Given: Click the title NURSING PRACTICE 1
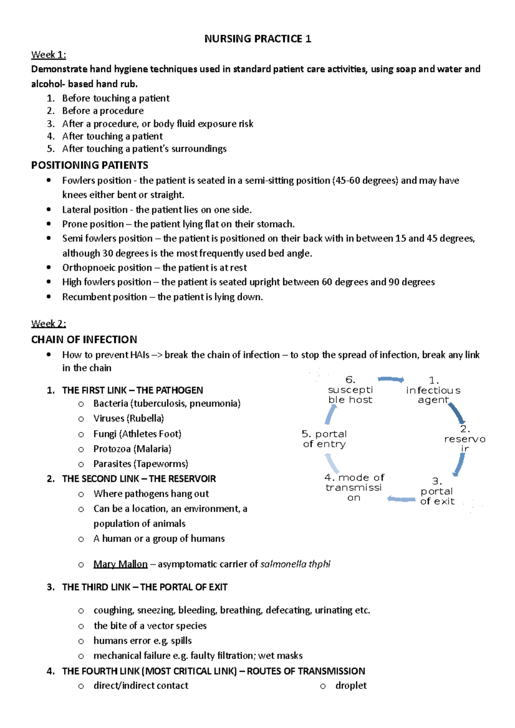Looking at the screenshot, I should (257, 39).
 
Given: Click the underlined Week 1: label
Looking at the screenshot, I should (48, 55).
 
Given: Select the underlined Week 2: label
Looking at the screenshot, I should (48, 324).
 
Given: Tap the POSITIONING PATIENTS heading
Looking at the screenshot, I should (90, 165).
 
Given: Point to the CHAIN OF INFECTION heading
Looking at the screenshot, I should (84, 340).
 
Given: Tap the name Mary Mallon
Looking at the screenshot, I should (120, 564).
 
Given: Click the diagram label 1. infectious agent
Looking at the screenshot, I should (433, 390).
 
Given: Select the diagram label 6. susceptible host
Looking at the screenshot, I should (350, 390).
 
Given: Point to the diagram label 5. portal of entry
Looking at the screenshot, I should (324, 439).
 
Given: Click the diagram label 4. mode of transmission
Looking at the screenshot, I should (354, 487).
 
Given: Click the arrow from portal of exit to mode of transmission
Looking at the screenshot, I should (401, 499).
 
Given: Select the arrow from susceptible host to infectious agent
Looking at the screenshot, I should (391, 379).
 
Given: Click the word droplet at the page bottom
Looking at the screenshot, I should (351, 686).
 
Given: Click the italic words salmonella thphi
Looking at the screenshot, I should (295, 564).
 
